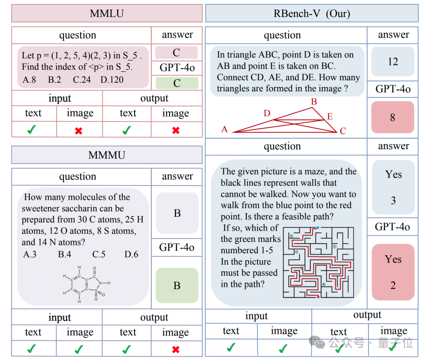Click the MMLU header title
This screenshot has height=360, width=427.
click(107, 13)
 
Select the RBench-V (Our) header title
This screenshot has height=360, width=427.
click(312, 13)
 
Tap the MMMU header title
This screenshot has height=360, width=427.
click(107, 155)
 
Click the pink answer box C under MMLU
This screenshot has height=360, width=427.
click(176, 52)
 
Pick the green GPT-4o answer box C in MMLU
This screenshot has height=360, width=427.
click(177, 83)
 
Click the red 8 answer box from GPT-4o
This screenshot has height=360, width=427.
click(393, 117)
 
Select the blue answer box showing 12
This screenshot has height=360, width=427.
click(393, 61)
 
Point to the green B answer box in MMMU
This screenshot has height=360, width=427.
click(177, 285)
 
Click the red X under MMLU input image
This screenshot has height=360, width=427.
click(79, 131)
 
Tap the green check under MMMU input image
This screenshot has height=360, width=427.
click(79, 349)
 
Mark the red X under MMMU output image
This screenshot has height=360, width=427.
click(176, 349)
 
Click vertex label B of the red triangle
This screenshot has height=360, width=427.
click(314, 102)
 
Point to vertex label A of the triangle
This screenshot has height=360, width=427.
click(225, 129)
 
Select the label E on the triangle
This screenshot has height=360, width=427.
click(330, 116)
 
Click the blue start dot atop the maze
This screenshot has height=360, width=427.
click(318, 227)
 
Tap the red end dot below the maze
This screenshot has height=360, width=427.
click(318, 297)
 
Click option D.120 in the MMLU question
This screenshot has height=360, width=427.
click(112, 80)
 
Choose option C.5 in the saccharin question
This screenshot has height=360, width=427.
click(99, 254)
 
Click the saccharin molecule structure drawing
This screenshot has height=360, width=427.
click(87, 284)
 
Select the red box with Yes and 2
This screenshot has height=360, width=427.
click(393, 272)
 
